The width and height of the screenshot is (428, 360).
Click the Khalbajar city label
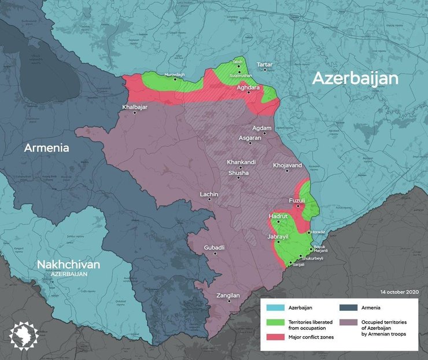click(134, 107)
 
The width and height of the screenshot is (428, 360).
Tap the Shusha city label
click(238, 172)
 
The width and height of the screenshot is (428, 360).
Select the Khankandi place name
click(241, 162)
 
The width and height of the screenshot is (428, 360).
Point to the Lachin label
click(209, 194)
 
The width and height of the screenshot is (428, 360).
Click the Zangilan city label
click(227, 295)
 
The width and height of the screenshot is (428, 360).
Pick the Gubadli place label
click(214, 248)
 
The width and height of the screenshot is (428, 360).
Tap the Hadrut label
click(278, 216)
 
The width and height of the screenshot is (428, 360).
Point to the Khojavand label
click(287, 165)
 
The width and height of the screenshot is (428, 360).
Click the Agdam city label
click(262, 128)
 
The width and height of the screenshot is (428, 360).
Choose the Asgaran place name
click(252, 138)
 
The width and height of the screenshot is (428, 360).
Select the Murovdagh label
click(175, 75)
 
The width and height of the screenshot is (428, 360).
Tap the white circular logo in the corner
click(24, 336)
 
